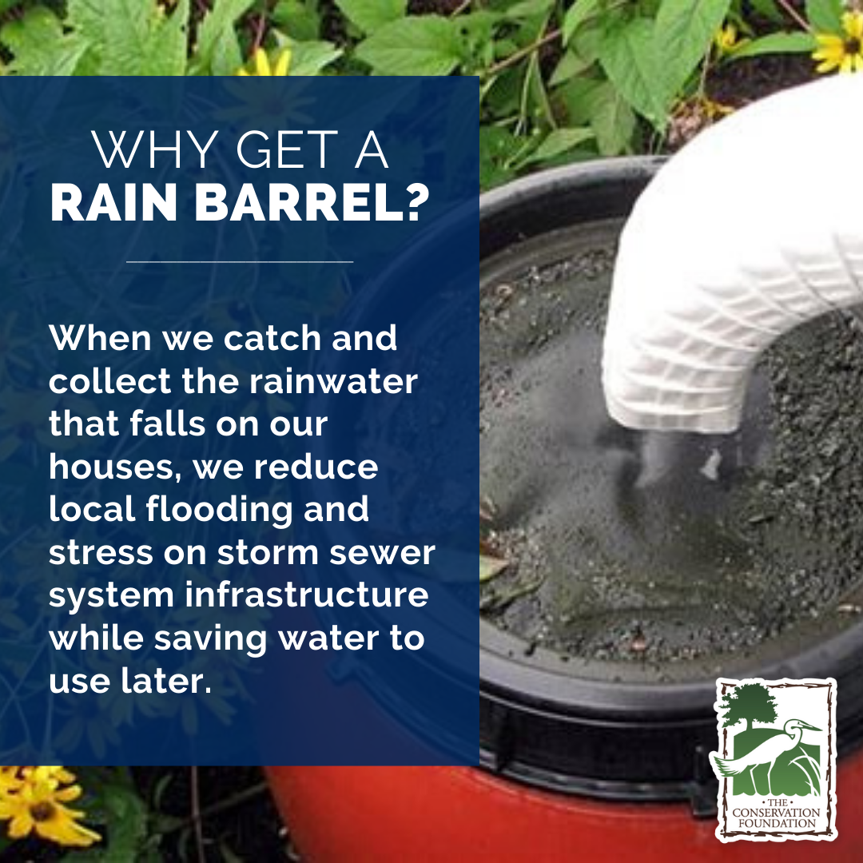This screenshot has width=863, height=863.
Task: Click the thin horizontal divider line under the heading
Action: [240, 261]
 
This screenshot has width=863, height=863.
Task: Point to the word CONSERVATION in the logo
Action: [774, 813]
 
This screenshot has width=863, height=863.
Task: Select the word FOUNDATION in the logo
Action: [774, 824]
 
